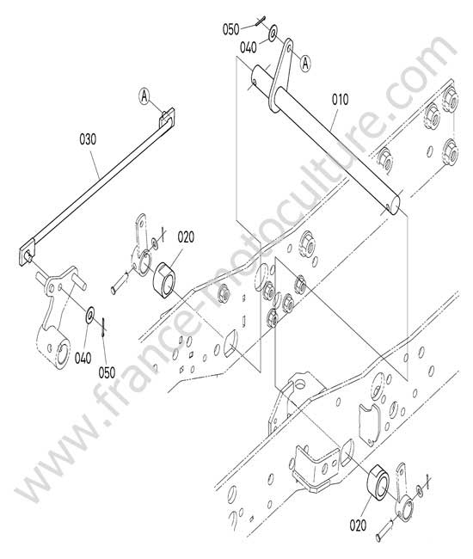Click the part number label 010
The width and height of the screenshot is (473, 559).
coord(340,100)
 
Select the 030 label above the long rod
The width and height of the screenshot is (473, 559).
coord(88,139)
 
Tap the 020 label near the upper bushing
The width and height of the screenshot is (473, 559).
coord(186,237)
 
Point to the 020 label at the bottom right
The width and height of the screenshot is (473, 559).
coord(358,525)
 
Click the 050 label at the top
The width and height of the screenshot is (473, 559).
coord(231,29)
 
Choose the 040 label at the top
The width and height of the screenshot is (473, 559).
coord(248,47)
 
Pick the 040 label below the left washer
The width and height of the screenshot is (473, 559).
coord(83,358)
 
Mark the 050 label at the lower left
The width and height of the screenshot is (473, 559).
coord(107,372)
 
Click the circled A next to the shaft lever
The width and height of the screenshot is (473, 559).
coord(305,64)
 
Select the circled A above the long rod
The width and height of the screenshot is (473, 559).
coord(144,96)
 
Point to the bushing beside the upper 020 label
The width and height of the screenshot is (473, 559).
coord(163,278)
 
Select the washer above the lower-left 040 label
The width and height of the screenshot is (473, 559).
coord(89,312)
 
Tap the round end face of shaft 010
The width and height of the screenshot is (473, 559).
coord(395,207)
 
